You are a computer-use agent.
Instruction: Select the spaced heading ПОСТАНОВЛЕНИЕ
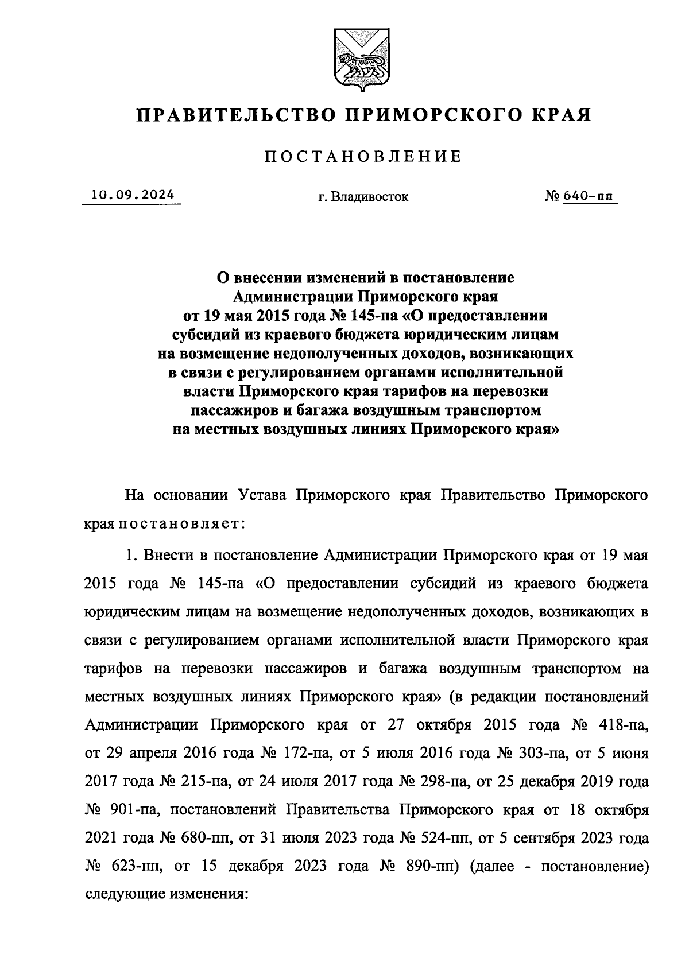[363, 157]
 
